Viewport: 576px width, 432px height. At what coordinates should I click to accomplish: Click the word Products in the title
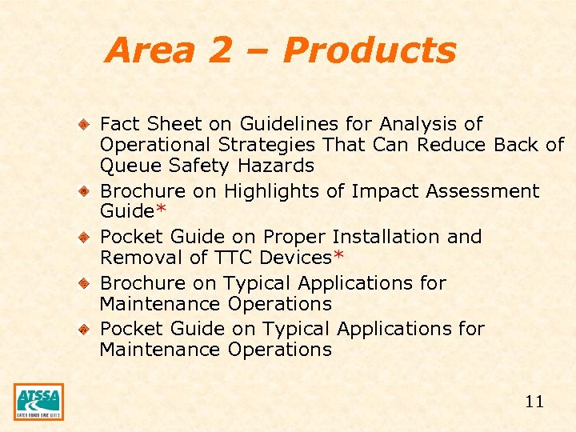(x=369, y=50)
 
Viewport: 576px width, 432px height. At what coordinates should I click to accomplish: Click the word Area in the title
(x=150, y=50)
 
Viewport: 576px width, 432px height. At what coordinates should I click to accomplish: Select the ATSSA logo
(x=38, y=401)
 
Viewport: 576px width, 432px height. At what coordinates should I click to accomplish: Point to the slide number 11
(x=534, y=402)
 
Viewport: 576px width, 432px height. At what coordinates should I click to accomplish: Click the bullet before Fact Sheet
(x=83, y=124)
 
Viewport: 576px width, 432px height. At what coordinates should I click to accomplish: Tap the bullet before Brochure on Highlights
(x=83, y=191)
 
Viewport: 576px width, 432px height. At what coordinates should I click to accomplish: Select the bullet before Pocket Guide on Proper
(x=83, y=237)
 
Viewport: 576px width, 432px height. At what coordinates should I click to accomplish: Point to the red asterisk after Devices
(x=338, y=257)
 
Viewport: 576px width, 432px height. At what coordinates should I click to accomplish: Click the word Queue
(x=126, y=166)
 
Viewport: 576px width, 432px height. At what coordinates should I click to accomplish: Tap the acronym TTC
(x=232, y=258)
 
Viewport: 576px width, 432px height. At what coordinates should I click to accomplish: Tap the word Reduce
(x=451, y=145)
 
